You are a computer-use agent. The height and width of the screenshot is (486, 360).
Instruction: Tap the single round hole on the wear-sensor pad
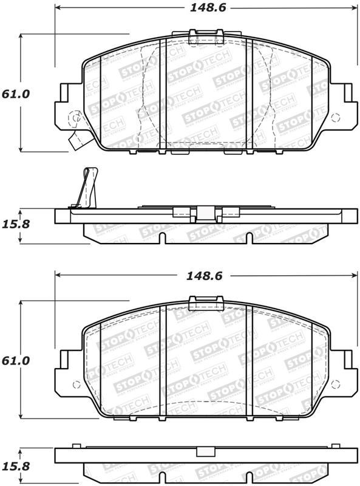[75, 118]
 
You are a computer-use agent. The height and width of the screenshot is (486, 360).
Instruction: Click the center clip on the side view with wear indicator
[206, 213]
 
